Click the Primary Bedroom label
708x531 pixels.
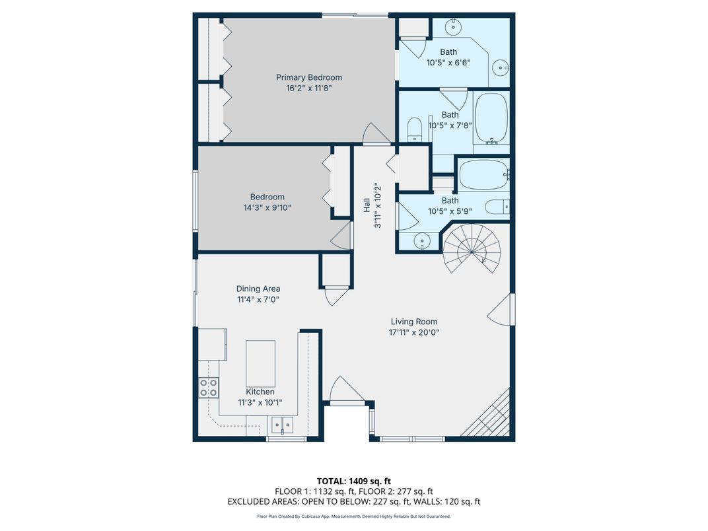click(309, 78)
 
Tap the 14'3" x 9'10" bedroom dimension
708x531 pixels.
click(267, 207)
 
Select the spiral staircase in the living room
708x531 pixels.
click(472, 249)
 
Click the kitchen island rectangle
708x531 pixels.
click(260, 363)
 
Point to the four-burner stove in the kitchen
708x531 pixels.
click(209, 388)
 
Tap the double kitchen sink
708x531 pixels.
click(282, 425)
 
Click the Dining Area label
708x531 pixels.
click(258, 289)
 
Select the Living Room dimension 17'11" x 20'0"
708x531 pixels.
click(414, 333)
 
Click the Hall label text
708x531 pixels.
click(367, 205)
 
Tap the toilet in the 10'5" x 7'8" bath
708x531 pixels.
click(414, 129)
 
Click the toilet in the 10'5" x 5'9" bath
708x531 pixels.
click(497, 207)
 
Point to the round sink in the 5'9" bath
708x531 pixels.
click(422, 240)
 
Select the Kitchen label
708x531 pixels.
click(260, 392)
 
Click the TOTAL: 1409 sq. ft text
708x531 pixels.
click(353, 481)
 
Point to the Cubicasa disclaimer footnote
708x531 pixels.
click(353, 516)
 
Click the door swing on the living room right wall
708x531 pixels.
click(501, 309)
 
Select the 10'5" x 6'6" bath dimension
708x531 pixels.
click(448, 63)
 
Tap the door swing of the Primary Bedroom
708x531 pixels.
click(377, 133)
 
